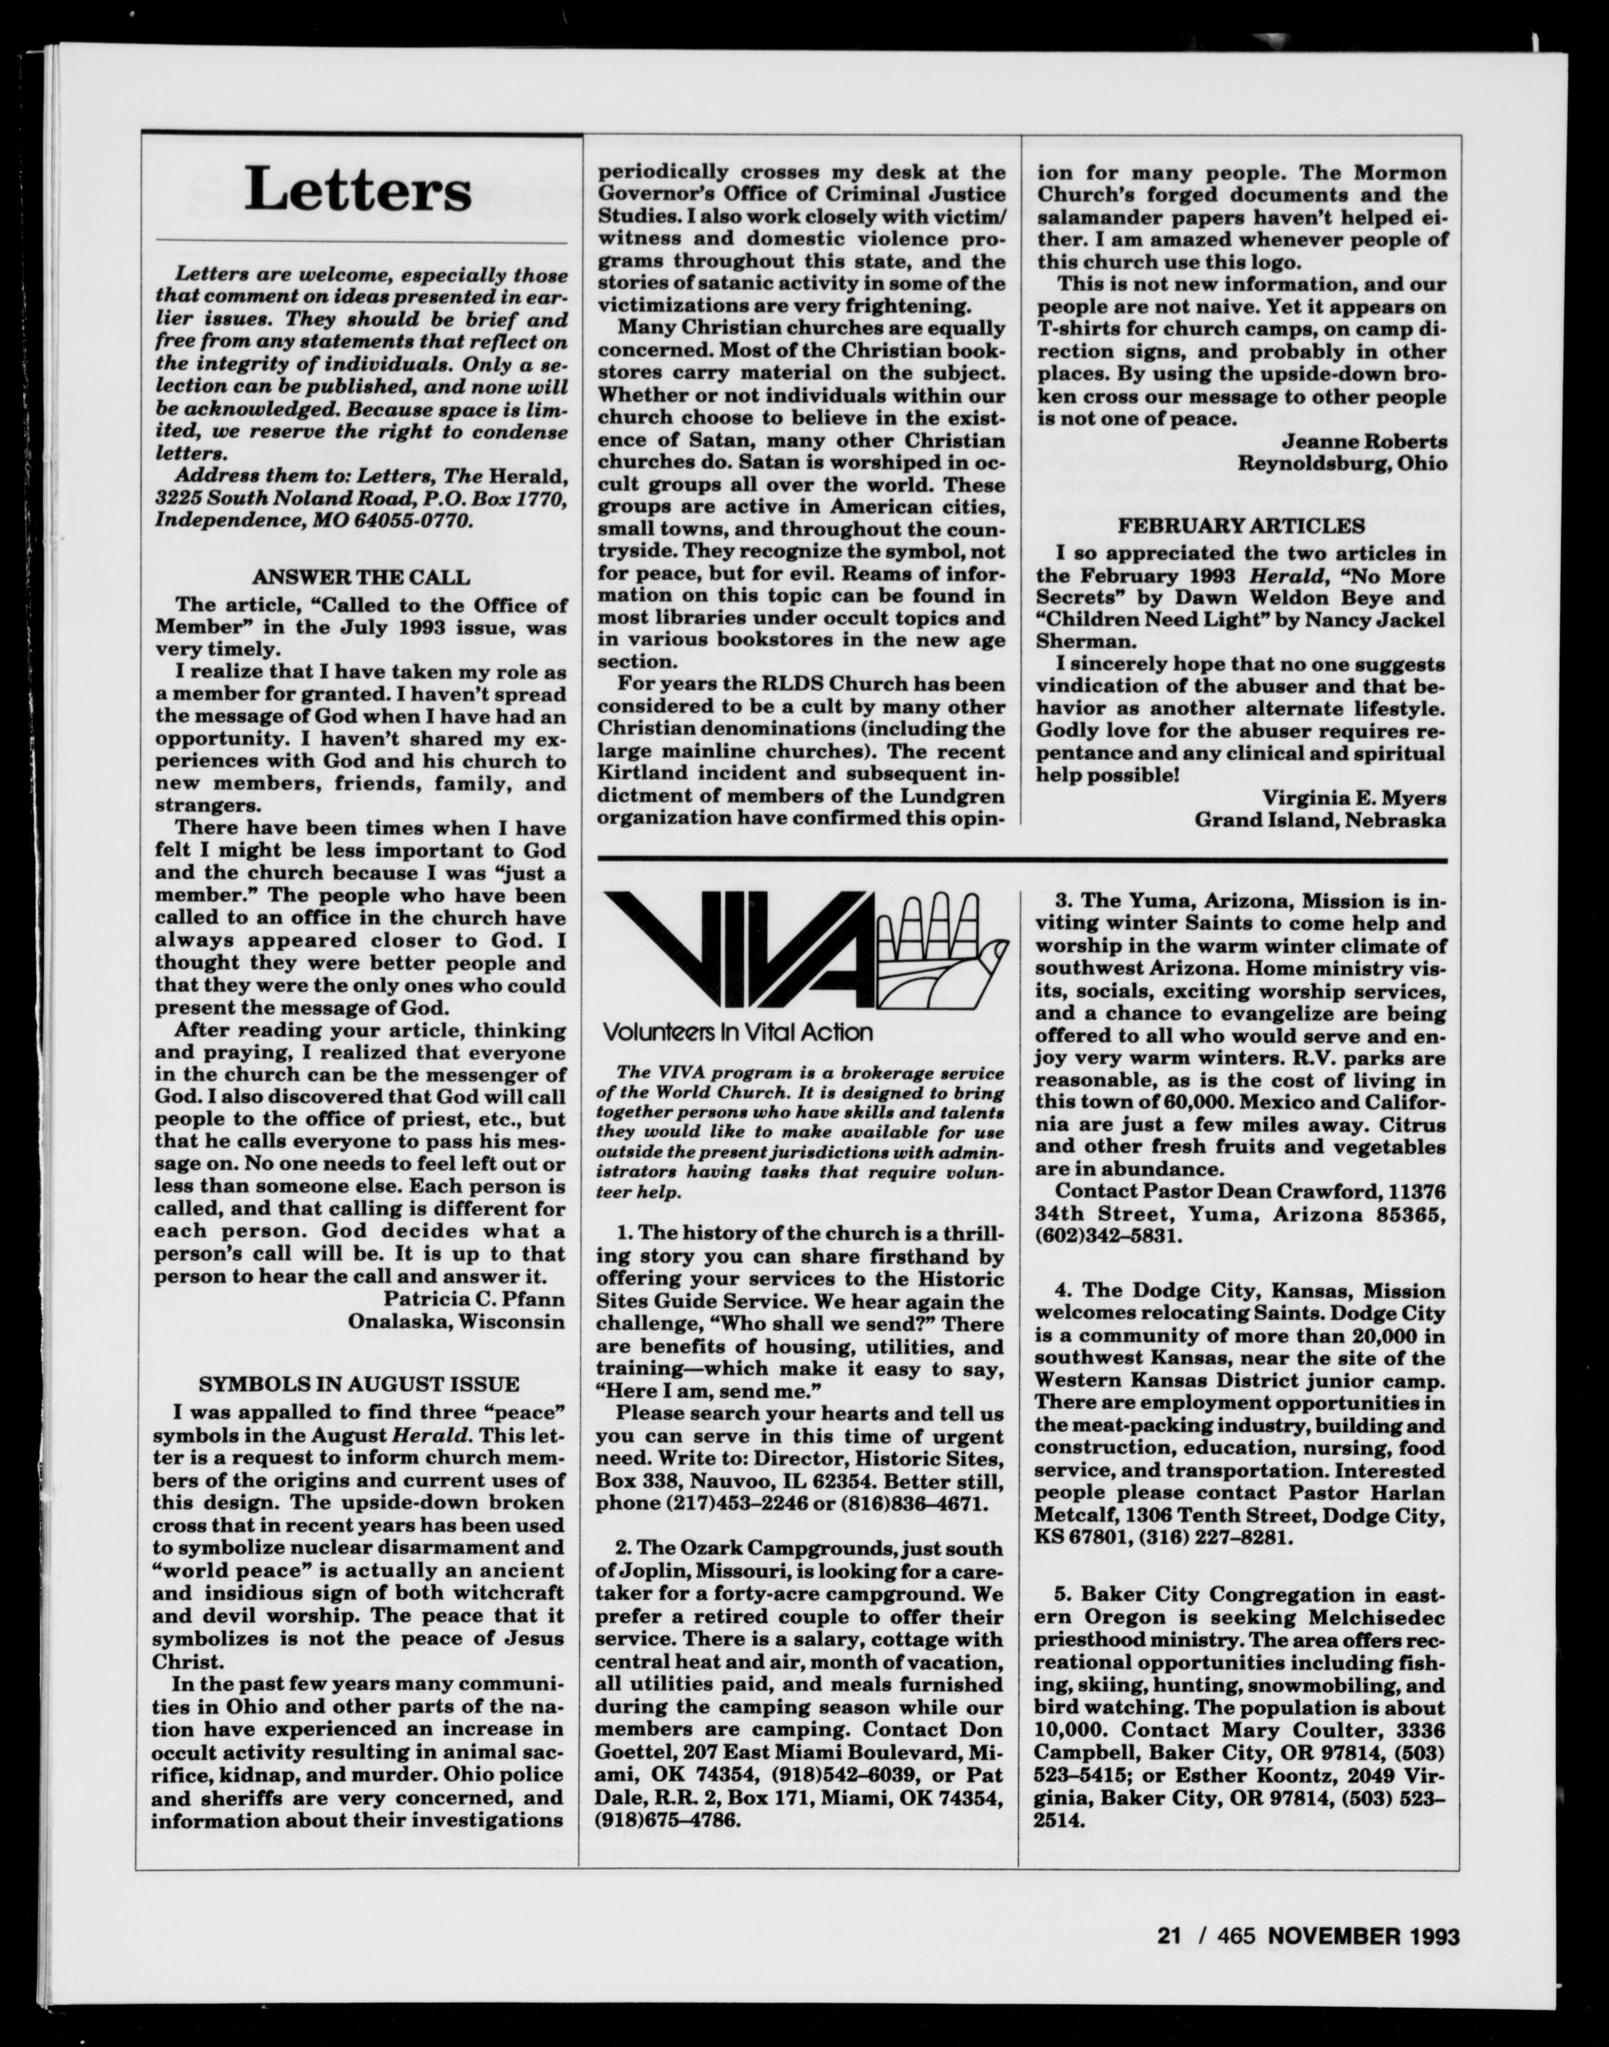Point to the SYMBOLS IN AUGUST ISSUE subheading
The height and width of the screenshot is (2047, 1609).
pos(358,1384)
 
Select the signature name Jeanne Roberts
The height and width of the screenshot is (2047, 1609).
pos(1364,441)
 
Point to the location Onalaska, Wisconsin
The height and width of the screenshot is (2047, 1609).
pos(457,1322)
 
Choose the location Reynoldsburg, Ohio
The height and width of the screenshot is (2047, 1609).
pos(1341,463)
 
